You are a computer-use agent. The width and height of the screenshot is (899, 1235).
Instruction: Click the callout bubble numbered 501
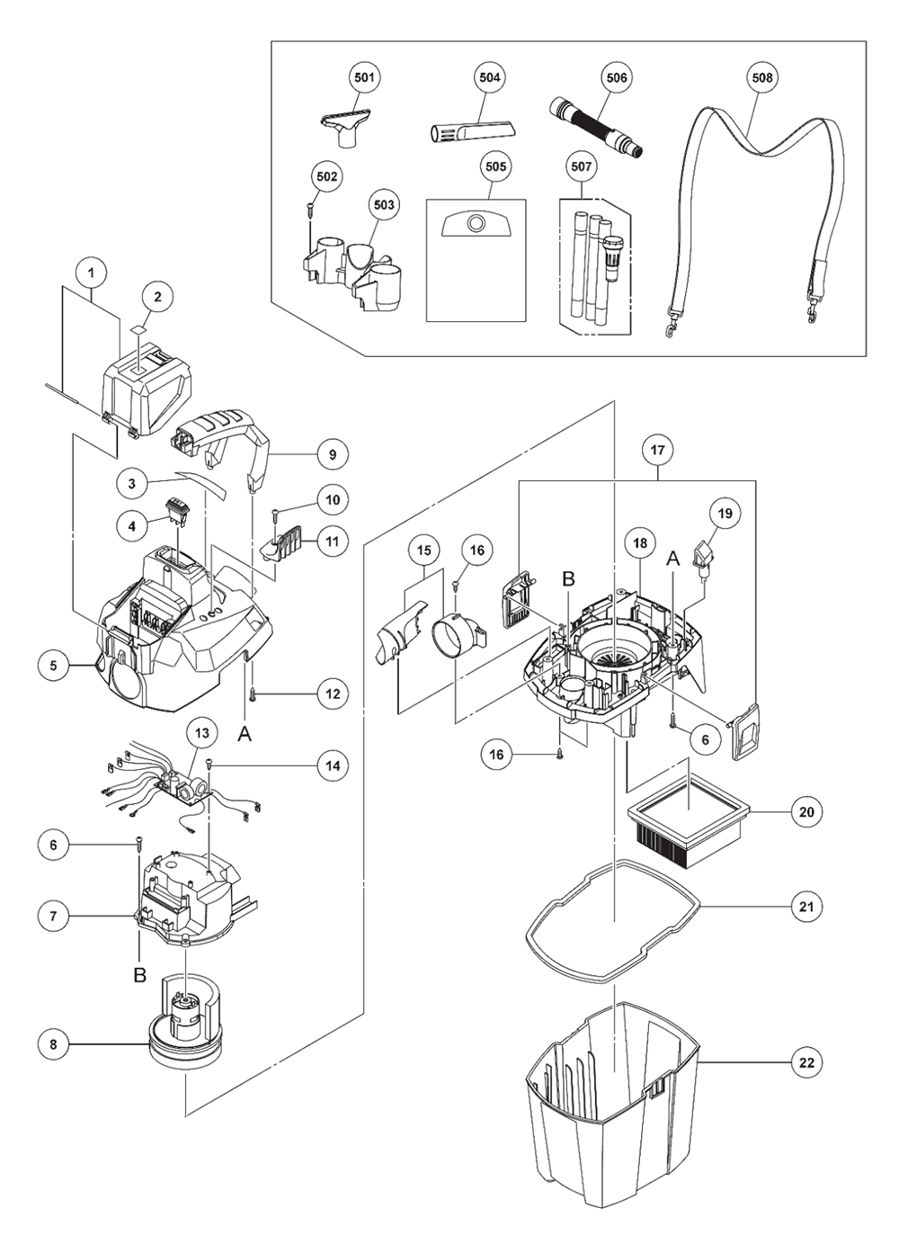364,78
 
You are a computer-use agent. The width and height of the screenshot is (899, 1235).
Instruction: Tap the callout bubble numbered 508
761,78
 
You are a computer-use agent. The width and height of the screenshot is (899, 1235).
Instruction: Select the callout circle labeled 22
806,1062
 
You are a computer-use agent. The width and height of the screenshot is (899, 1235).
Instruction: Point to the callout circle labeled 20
806,811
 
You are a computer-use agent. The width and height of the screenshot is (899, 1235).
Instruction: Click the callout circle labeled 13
201,733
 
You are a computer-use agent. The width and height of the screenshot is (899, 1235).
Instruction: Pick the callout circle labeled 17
658,449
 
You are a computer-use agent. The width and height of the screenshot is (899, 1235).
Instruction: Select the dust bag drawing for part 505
475,259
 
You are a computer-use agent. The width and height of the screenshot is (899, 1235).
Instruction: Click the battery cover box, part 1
148,387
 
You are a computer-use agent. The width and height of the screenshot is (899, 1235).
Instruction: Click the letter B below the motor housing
140,976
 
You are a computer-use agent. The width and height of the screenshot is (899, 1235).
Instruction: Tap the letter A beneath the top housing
245,734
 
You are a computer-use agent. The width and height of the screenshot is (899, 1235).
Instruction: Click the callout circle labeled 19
725,514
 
